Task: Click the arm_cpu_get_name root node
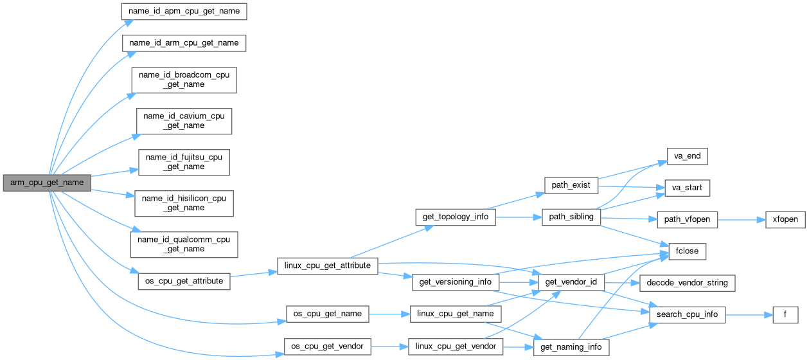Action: pos(47,183)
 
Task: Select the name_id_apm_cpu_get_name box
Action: pos(184,11)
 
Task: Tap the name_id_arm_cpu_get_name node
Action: pos(184,43)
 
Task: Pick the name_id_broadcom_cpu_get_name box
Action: pos(184,80)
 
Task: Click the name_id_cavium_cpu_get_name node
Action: pos(184,121)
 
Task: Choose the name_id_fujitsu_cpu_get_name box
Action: pos(184,162)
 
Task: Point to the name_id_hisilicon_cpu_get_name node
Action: pos(184,203)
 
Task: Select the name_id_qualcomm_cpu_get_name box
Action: pos(184,244)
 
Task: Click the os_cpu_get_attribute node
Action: pos(184,281)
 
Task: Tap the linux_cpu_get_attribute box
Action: pos(328,265)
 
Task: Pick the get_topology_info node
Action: pos(456,217)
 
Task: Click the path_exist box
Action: pos(571,185)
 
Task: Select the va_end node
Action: pos(682,157)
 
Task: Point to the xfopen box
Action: pos(785,219)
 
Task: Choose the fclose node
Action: pos(688,251)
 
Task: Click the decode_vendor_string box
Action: pos(686,283)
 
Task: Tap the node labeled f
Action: pos(784,315)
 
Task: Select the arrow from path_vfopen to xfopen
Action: pos(740,219)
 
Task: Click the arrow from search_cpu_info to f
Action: pos(746,315)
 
